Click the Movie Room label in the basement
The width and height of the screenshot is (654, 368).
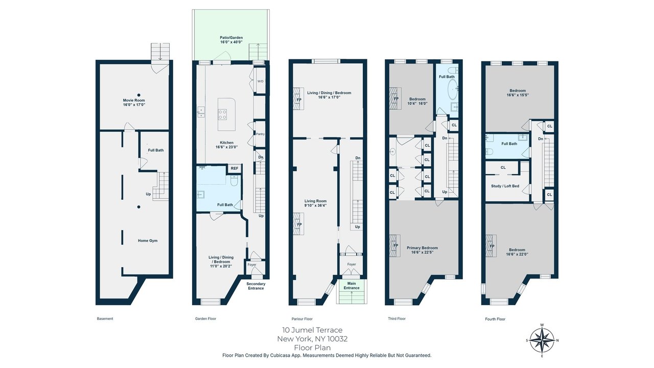[134, 100]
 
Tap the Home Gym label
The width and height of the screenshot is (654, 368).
[148, 241]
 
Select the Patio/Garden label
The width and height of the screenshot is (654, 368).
[231, 38]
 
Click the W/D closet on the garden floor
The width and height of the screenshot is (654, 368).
[260, 81]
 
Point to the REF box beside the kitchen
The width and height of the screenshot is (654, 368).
[235, 168]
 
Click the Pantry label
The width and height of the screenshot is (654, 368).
[260, 134]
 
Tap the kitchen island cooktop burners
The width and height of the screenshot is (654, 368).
[222, 114]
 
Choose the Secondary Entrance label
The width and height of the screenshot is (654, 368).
[256, 286]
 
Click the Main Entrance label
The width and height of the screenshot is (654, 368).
[352, 286]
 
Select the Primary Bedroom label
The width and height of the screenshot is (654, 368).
[422, 248]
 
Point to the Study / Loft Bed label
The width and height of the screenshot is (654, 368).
[505, 186]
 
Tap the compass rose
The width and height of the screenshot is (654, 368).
[542, 340]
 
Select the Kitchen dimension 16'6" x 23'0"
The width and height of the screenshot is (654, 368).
[226, 147]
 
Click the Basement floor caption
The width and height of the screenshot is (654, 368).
[105, 318]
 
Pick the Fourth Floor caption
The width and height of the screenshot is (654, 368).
[495, 319]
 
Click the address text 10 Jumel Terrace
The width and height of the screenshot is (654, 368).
[312, 330]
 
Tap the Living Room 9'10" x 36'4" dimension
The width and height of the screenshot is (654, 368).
[315, 205]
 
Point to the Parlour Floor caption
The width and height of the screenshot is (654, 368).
[302, 319]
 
